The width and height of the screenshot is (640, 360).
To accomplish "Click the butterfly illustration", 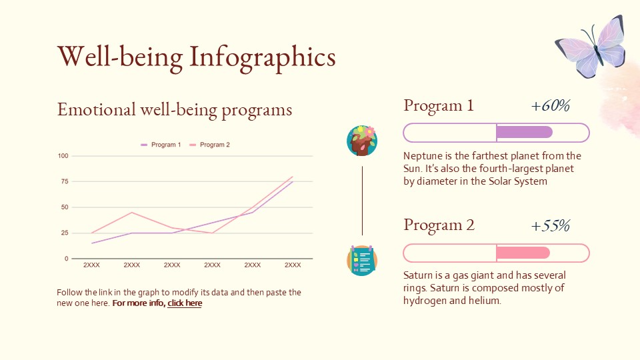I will pos(591,47).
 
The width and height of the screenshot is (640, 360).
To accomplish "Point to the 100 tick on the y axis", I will pos(63,156).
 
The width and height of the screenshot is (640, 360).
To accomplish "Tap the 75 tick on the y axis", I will pos(65,181).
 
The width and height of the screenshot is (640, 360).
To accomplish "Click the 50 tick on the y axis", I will pos(65,207).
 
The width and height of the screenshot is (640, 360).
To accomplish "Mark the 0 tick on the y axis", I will pos(66,259).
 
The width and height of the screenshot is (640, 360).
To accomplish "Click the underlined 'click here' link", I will pos(185,303).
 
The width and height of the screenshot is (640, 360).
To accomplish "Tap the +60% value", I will pos(550,106).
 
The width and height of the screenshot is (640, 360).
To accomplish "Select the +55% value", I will pos(550,226).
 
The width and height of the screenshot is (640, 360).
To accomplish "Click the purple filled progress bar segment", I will pos(525,132).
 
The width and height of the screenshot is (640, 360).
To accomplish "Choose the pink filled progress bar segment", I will pos(523,253).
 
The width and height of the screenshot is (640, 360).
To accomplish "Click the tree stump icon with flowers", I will pos(362,141).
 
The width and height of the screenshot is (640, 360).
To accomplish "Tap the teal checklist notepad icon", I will pos(362,261).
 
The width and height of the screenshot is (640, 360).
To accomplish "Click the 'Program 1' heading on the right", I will pos(439,106).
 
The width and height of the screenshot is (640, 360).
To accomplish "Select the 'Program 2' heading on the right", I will pos(439,225).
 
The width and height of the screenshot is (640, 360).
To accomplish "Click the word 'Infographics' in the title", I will pos(263,57).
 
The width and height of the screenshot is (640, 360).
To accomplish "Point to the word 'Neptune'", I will pos(423,156).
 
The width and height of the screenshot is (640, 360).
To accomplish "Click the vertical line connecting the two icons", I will pos(362,200).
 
